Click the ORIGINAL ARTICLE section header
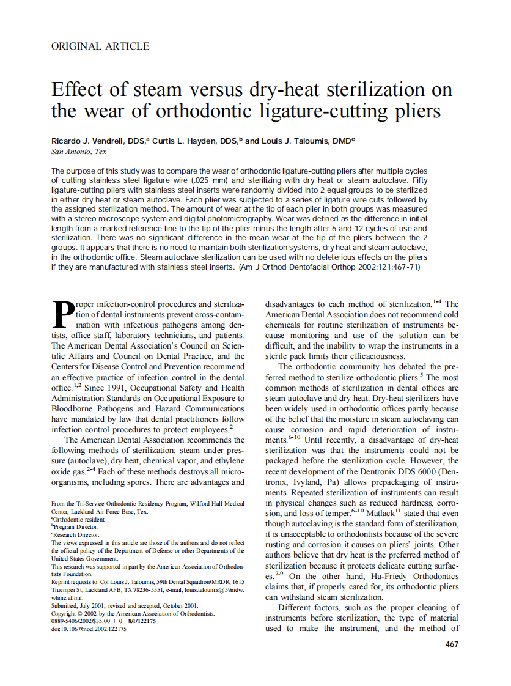pyautogui.click(x=100, y=46)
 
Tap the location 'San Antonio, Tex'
pyautogui.click(x=78, y=152)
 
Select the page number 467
pyautogui.click(x=452, y=644)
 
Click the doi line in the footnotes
pyautogui.click(x=89, y=629)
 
